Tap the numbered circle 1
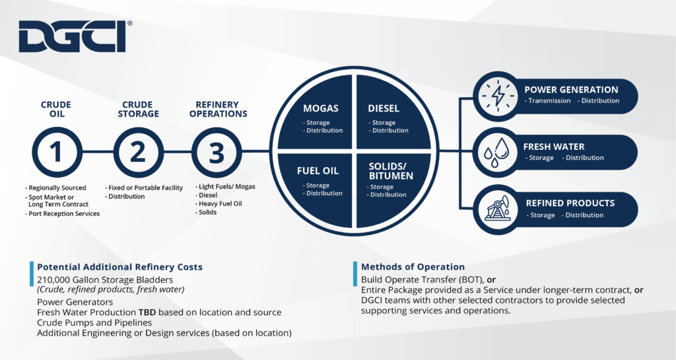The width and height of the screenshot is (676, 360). (x=57, y=152)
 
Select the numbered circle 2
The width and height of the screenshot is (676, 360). (x=139, y=152)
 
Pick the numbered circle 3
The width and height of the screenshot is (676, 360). (x=217, y=152)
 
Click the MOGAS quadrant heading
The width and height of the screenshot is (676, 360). (x=320, y=108)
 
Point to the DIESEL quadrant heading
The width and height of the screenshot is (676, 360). (x=384, y=108)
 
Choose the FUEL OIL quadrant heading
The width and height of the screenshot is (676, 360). (x=318, y=171)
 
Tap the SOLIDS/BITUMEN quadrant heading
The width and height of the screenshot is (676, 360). (x=391, y=171)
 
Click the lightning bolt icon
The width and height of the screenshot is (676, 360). (x=498, y=96)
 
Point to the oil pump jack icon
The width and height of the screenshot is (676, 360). (x=498, y=209)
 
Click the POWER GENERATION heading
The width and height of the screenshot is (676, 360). (x=571, y=90)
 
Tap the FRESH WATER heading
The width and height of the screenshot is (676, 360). (x=554, y=147)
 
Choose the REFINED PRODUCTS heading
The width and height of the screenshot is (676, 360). (x=570, y=203)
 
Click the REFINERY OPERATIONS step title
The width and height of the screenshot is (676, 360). (x=218, y=109)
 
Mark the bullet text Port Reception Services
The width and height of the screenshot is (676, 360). (x=64, y=214)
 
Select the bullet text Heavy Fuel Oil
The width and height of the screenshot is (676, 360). (x=220, y=203)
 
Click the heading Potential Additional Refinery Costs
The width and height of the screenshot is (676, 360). (x=120, y=267)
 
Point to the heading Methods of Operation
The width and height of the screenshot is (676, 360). (x=413, y=267)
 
